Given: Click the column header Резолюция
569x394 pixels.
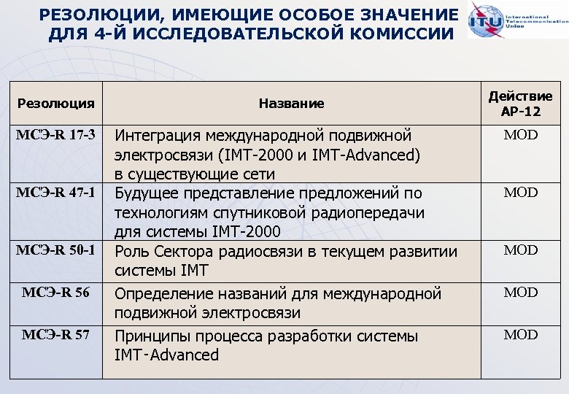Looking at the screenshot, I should tap(56, 104).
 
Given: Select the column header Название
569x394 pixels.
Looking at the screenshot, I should tap(291, 104).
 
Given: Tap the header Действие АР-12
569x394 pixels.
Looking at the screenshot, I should tap(520, 104).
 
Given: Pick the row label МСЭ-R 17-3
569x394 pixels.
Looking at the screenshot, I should tap(56, 135).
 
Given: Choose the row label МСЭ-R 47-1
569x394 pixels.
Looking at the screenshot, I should tap(56, 193).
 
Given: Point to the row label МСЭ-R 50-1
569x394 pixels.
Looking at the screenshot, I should tap(56, 250).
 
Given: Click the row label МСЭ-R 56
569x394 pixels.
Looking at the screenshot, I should tap(56, 293).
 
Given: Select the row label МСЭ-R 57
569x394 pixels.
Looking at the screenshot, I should tap(56, 335).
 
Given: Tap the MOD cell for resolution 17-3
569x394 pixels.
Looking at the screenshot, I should tap(521, 135).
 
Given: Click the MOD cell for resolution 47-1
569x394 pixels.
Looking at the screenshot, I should tap(521, 193).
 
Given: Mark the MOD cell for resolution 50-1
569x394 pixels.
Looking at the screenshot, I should tap(521, 250).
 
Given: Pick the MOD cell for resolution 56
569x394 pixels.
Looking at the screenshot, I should tap(521, 293).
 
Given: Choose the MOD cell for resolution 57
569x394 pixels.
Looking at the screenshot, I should tap(521, 335).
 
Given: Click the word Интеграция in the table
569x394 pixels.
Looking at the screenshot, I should tap(158, 136).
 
